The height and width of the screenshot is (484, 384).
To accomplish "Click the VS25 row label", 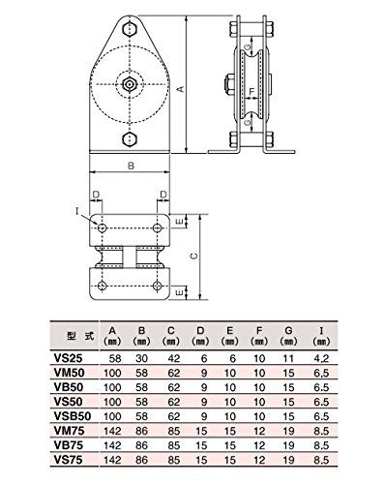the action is click(69, 358).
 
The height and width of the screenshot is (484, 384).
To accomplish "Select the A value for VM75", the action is click(112, 431).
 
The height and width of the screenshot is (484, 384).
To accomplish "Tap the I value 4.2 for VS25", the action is click(321, 358).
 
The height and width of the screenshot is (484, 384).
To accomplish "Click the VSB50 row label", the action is click(73, 416).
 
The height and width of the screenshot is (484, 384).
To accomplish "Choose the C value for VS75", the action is click(174, 460).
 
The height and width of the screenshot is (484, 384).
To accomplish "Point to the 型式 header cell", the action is click(80, 336).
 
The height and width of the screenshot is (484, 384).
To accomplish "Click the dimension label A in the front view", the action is click(181, 89).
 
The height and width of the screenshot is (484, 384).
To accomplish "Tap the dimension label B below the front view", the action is click(131, 166).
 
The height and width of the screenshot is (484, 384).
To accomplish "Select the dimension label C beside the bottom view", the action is click(193, 257).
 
